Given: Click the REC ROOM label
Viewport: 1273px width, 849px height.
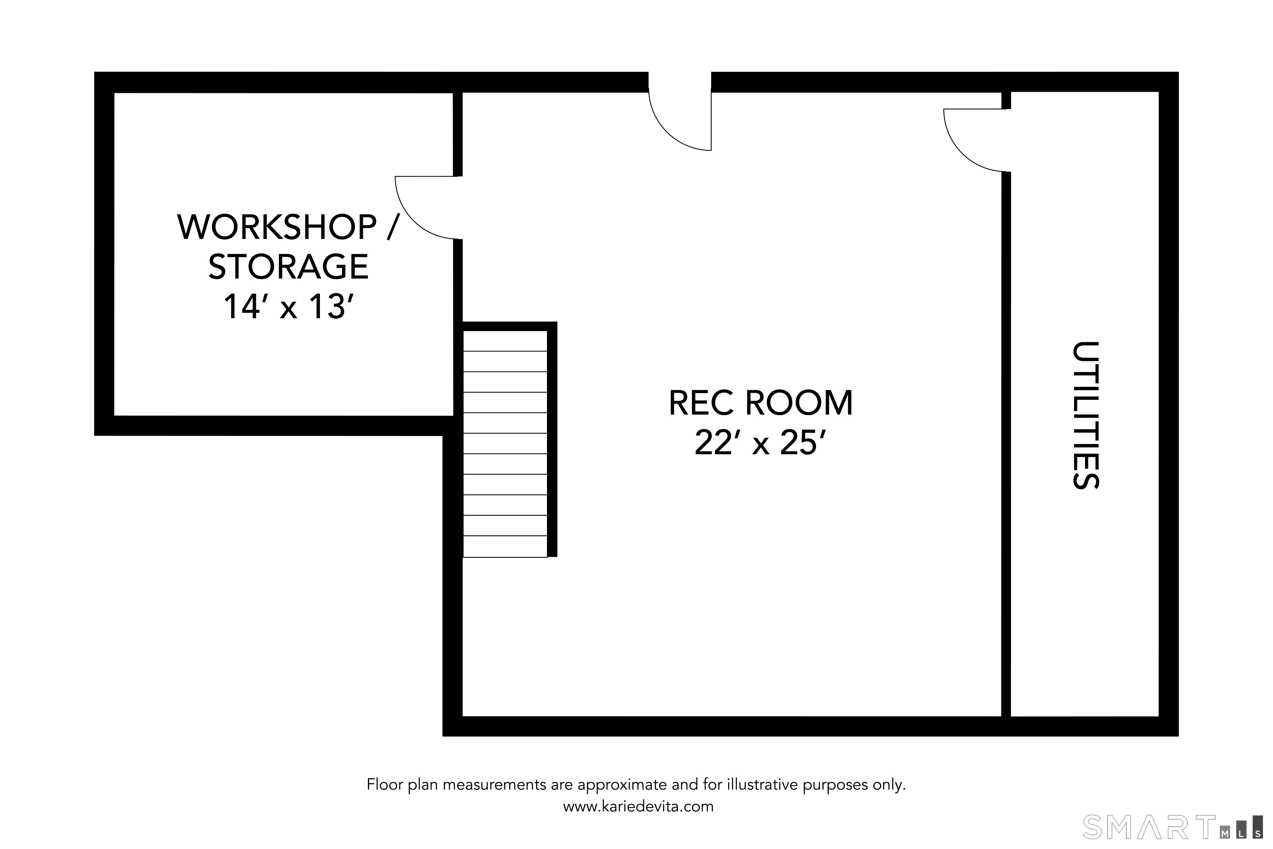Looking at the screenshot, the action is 760,403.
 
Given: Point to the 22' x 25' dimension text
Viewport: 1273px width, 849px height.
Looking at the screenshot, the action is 760,443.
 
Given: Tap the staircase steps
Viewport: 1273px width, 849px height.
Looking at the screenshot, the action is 505,444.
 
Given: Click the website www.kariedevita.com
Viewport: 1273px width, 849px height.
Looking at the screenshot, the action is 638,807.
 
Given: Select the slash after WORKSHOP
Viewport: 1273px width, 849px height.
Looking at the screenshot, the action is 393,228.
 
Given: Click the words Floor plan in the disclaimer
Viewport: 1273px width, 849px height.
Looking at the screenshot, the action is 403,784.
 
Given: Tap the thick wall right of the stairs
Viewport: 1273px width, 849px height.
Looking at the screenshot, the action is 552,439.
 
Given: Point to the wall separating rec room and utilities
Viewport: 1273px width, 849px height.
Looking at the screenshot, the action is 1006,444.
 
